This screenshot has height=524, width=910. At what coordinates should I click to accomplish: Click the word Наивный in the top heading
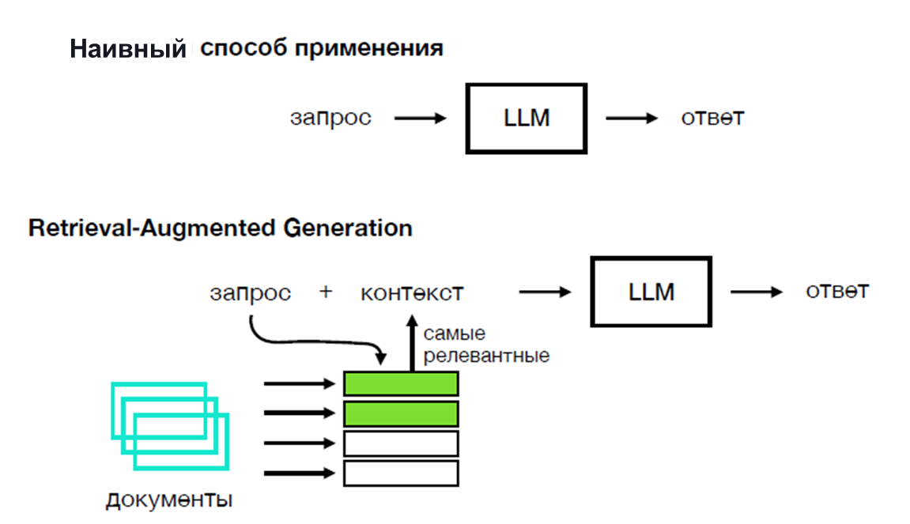(x=127, y=50)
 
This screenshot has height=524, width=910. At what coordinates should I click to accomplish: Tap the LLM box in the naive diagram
(x=527, y=119)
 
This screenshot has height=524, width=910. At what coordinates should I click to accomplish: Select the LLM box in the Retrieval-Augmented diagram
(x=651, y=292)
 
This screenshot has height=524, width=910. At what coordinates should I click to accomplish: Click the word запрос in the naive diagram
(x=330, y=119)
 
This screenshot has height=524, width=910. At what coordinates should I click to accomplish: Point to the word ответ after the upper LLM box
(x=712, y=119)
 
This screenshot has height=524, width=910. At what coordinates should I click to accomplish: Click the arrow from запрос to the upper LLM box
(x=421, y=119)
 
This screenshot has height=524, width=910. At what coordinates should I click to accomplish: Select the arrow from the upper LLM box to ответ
(x=632, y=119)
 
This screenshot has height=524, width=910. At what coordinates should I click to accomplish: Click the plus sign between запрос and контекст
(x=326, y=292)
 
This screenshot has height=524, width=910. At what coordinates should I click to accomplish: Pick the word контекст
(x=412, y=292)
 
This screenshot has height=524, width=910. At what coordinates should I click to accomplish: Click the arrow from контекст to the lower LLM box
(x=545, y=292)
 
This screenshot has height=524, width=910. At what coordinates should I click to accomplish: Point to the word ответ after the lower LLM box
(x=837, y=291)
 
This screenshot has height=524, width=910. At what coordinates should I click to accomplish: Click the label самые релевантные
(x=485, y=345)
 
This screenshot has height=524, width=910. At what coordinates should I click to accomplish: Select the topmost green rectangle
(x=401, y=383)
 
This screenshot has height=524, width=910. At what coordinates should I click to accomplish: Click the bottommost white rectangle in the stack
(x=401, y=473)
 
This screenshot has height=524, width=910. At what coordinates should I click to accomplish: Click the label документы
(x=169, y=500)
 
